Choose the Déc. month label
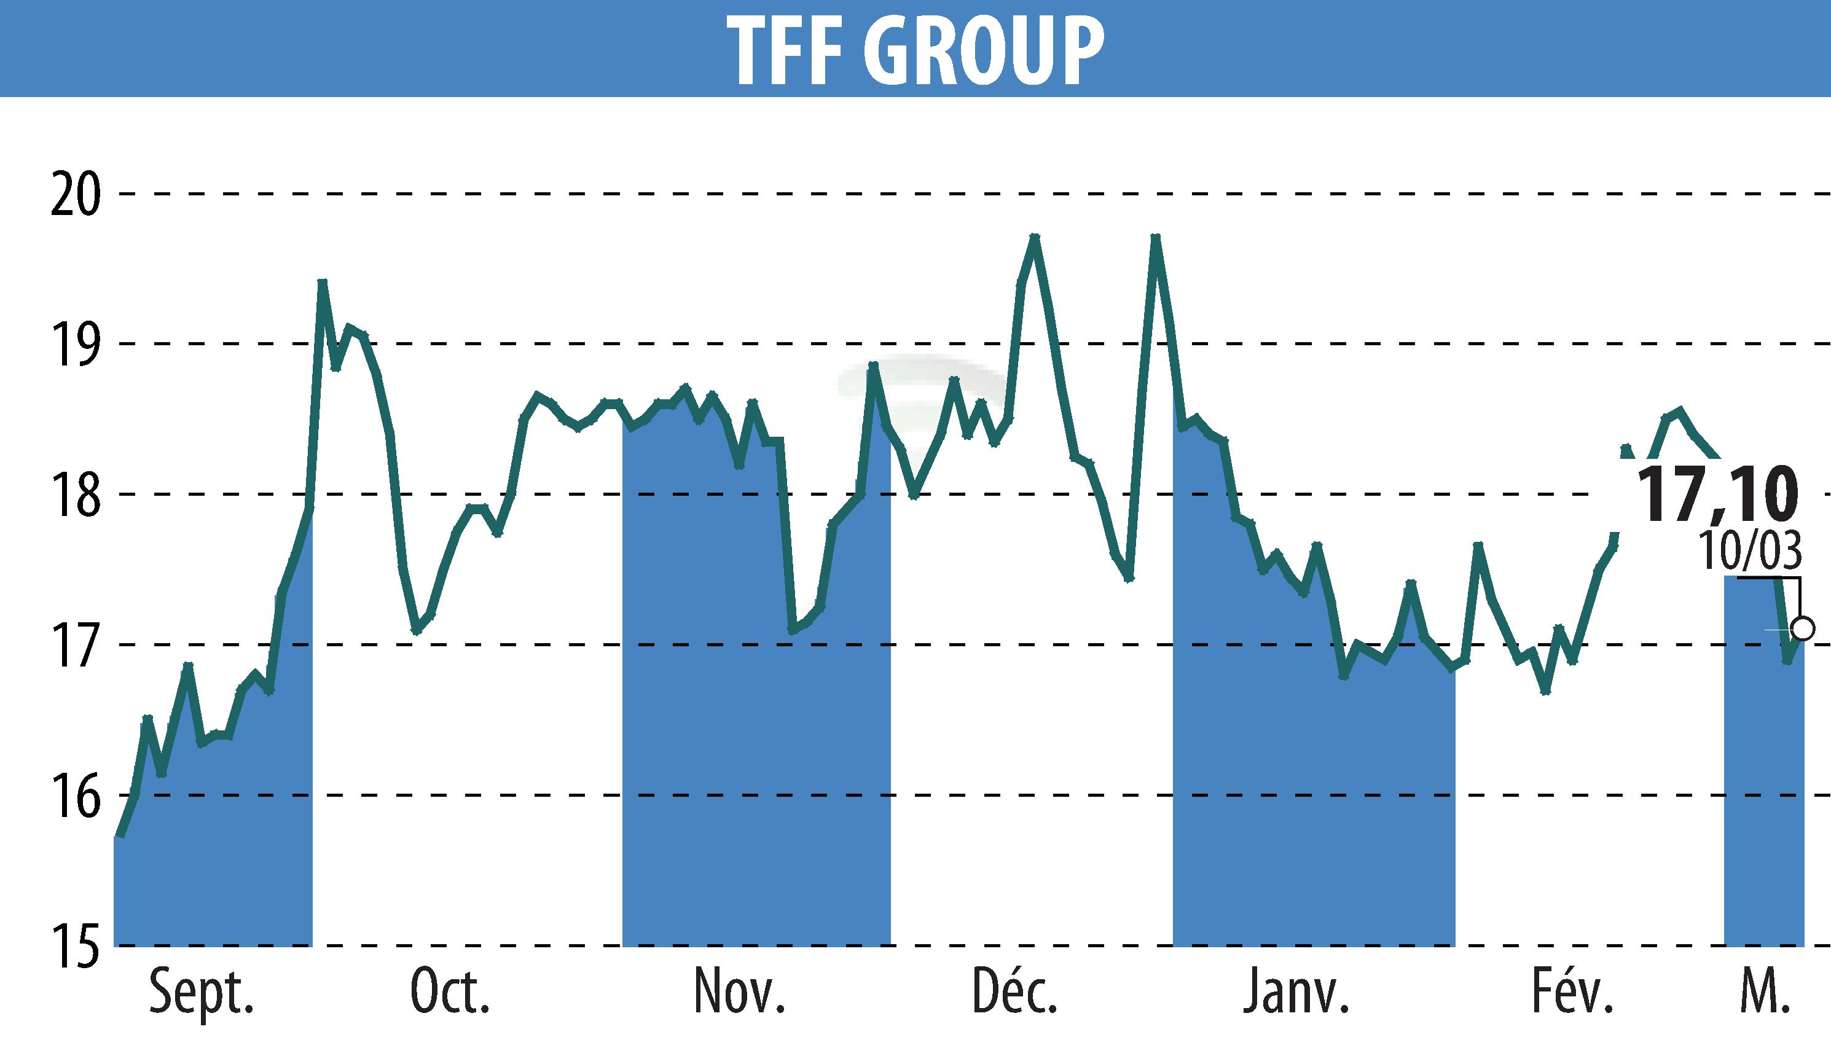[1014, 991]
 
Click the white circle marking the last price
[1803, 629]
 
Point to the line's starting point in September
[120, 835]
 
